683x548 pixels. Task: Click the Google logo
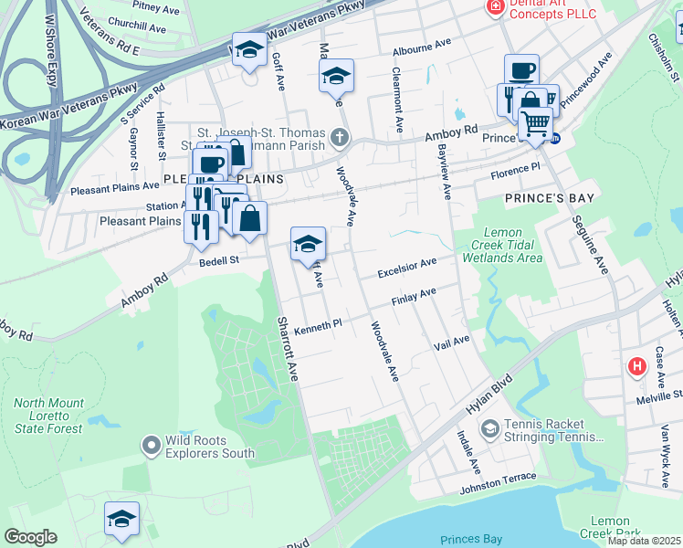30,537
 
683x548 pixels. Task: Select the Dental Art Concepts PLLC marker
495,6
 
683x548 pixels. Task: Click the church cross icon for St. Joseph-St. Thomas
339,139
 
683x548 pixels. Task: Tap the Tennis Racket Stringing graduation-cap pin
490,428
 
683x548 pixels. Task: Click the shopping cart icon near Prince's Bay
535,121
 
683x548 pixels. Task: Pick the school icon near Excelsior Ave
309,243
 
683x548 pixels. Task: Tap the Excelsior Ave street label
407,269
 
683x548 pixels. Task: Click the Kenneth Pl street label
317,323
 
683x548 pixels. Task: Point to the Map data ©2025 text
645,541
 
